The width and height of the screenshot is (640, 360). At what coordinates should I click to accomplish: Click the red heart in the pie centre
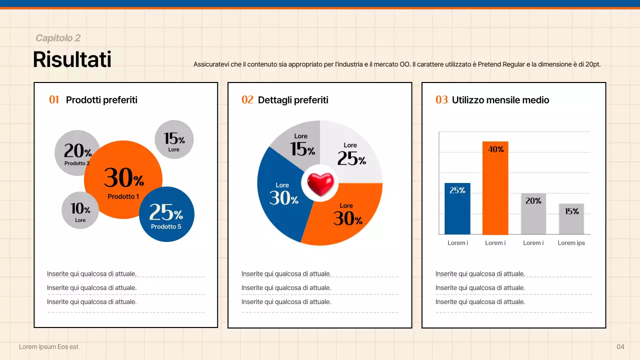pos(320,184)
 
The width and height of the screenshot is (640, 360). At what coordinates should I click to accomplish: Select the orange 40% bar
pos(495,190)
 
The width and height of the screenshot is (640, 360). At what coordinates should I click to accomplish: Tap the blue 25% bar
pos(457,210)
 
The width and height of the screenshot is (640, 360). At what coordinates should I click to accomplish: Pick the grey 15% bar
pos(571,220)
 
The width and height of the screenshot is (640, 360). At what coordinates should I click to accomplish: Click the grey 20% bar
pos(533,215)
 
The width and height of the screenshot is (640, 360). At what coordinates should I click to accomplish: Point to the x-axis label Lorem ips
pos(571,243)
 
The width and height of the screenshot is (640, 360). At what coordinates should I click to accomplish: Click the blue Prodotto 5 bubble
pos(166,214)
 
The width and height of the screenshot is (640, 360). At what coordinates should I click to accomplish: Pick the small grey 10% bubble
pos(80,210)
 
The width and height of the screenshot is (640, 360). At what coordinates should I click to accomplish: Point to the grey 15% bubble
pos(174,139)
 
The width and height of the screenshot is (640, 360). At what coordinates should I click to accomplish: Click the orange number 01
pos(54,100)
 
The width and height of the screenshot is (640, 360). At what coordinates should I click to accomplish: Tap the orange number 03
pos(441,100)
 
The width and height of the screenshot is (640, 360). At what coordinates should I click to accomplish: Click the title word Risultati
pos(72,59)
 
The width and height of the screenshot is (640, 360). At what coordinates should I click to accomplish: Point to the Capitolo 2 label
pos(58,38)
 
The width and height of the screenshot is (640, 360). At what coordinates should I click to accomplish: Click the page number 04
pos(620,347)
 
